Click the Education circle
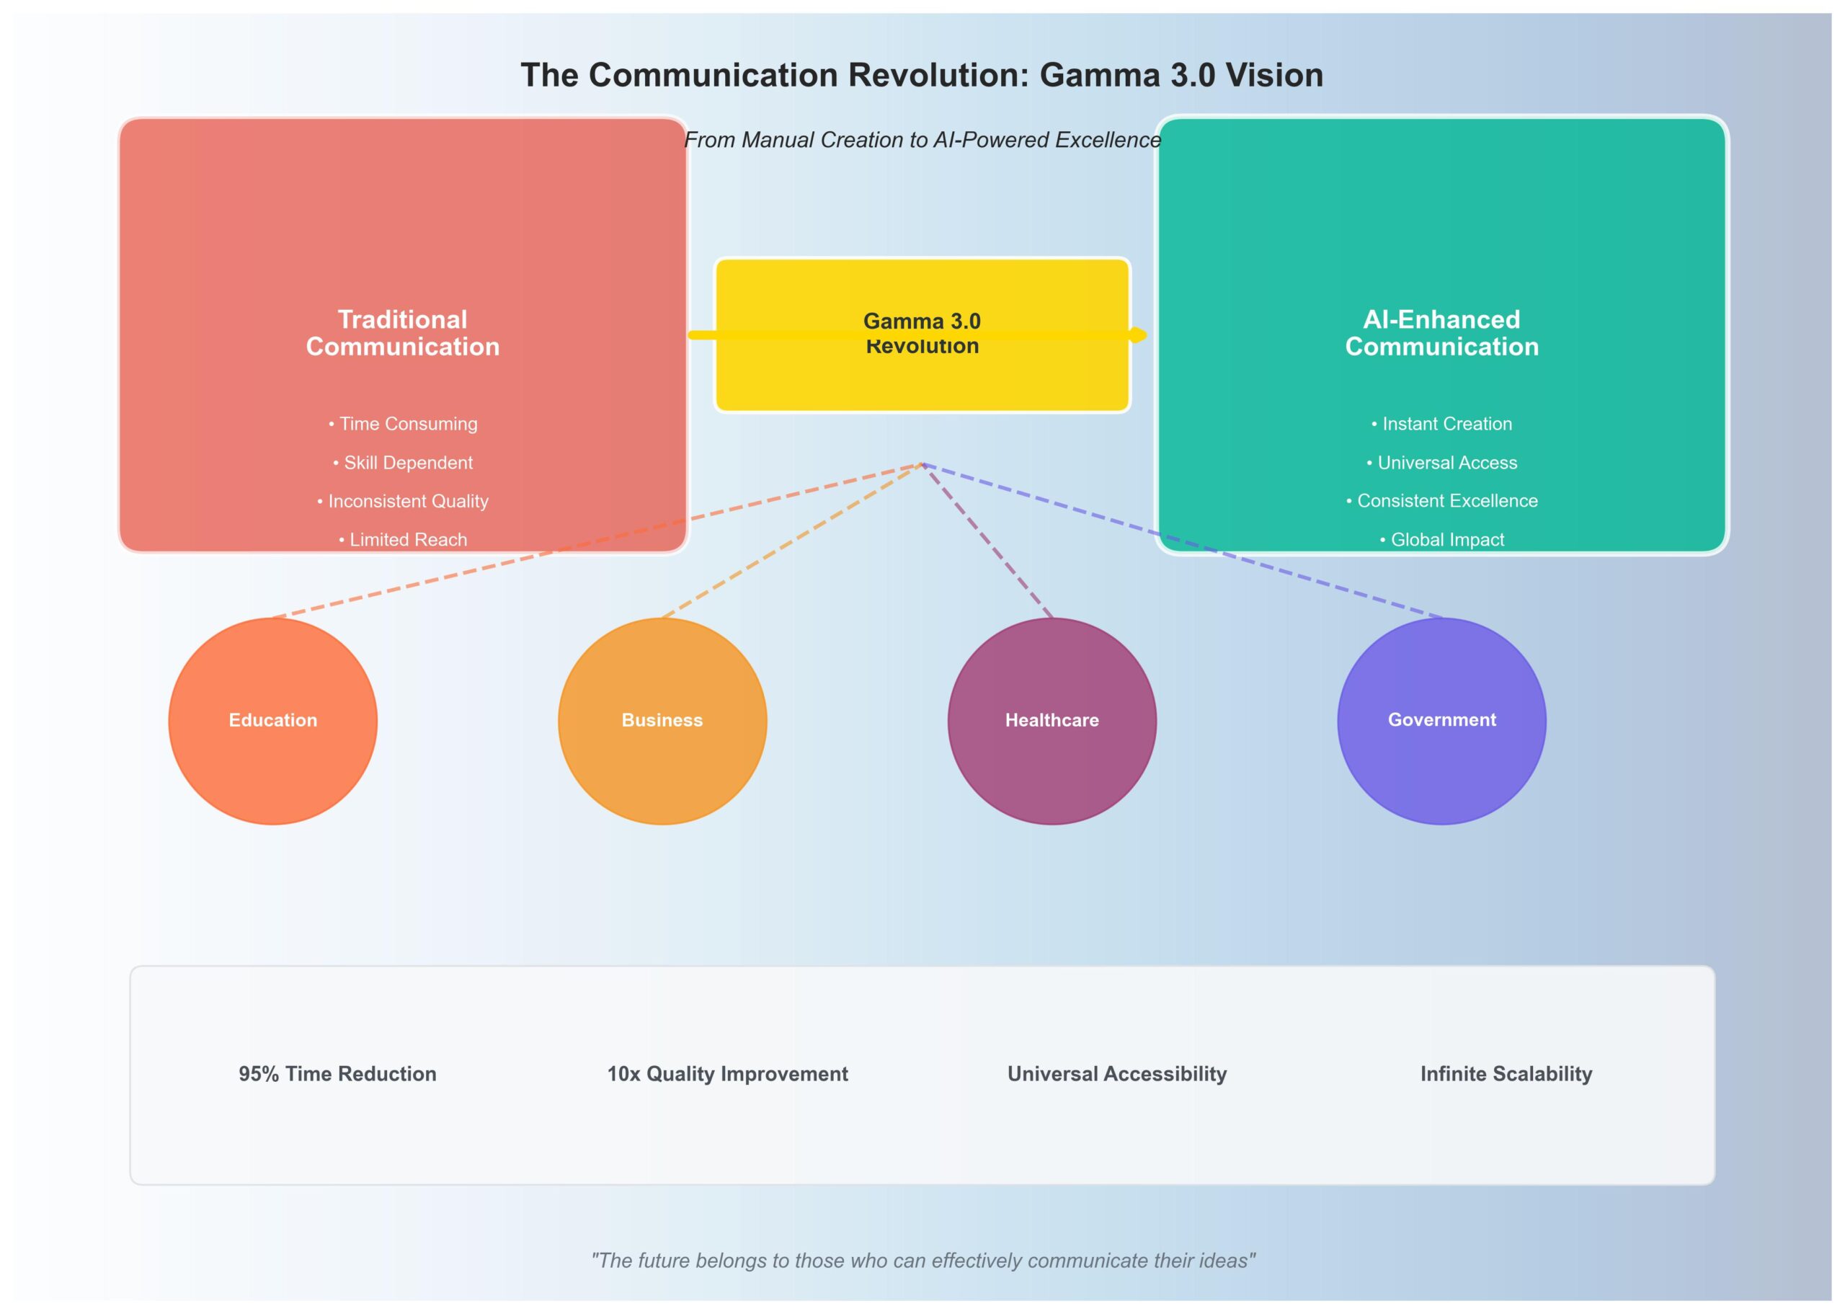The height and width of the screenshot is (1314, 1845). [272, 721]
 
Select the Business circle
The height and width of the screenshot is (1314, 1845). [662, 721]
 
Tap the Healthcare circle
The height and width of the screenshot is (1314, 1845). [1052, 721]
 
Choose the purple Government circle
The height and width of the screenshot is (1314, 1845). [1441, 721]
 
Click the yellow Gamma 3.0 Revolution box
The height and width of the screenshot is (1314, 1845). [922, 372]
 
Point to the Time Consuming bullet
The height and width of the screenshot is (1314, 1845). [403, 424]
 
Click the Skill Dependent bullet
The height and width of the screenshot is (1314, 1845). [403, 463]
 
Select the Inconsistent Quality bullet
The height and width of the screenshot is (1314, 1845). [403, 502]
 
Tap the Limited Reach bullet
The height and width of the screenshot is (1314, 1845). [403, 540]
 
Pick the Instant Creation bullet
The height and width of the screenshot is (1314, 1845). [1441, 424]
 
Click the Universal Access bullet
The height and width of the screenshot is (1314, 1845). [1441, 463]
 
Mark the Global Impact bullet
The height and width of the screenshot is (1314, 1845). [1441, 540]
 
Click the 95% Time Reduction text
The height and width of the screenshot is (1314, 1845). [337, 1074]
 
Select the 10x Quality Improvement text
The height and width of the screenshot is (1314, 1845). [727, 1074]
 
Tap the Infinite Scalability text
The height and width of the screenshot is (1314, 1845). [1506, 1074]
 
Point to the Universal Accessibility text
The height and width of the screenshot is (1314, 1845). [1117, 1074]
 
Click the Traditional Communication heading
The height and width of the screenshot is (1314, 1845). [403, 332]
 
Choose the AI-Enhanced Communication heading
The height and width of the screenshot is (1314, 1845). [1441, 332]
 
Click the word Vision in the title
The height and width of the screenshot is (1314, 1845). [1274, 75]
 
